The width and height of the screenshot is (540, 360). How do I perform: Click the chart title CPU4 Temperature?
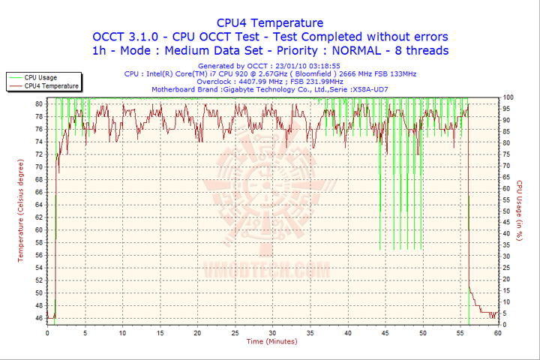[270, 22]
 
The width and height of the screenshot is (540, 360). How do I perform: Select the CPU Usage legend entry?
[40, 77]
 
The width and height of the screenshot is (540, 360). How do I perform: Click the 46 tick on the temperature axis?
[38, 319]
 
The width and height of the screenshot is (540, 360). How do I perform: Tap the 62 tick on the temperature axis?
[38, 223]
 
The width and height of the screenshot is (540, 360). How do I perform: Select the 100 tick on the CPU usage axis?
[508, 97]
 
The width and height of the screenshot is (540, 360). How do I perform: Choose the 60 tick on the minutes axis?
[497, 333]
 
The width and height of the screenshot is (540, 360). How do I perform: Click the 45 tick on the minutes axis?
[385, 333]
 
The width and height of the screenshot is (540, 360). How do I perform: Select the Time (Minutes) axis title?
[271, 342]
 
